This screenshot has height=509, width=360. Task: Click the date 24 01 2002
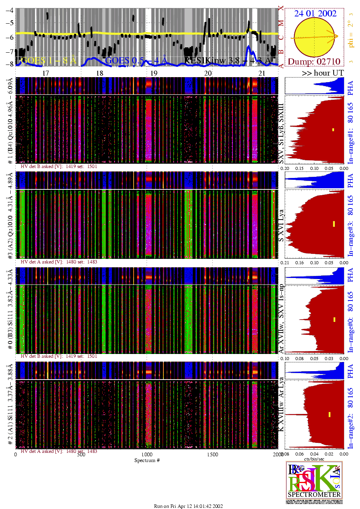coord(315,14)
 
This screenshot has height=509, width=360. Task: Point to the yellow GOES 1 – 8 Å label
coord(48,60)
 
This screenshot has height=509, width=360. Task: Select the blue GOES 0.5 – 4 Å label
coord(136,60)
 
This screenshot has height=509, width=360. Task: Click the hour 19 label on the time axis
coord(153,73)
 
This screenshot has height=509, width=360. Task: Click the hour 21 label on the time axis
coord(262,73)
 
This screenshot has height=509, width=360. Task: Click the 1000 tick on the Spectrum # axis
coord(147,454)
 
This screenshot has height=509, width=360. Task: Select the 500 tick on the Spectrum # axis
coord(81,454)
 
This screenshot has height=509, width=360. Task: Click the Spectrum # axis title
coord(147,461)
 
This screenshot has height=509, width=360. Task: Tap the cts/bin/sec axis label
coord(314,459)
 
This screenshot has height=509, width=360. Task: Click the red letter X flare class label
coord(281,8)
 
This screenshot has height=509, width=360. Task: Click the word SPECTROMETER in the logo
coord(314,494)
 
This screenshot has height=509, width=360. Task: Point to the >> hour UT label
coord(323,73)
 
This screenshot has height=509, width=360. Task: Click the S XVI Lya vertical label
coord(281,225)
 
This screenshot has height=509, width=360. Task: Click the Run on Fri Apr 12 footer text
coord(188,506)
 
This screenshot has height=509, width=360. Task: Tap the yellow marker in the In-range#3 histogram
coord(334,224)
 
